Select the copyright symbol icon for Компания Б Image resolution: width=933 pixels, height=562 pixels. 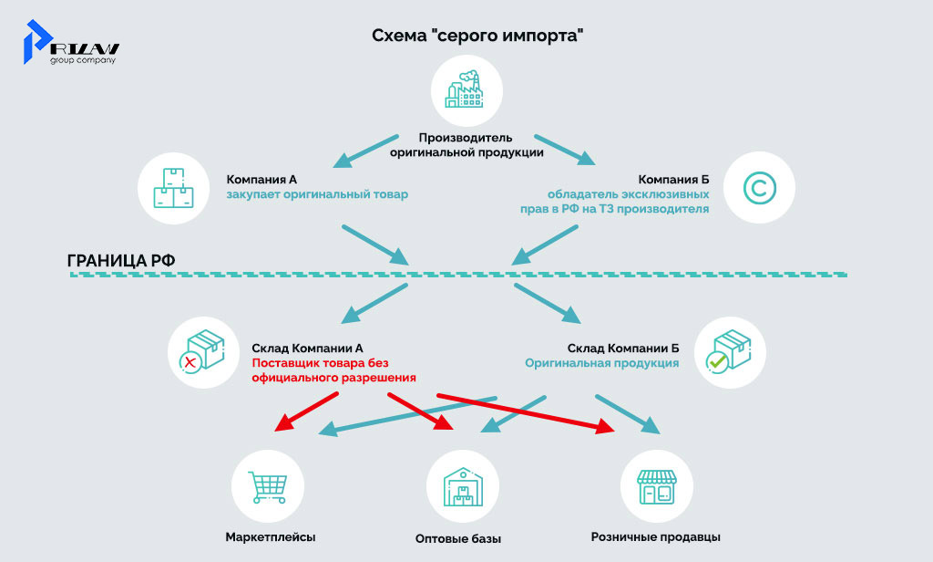click(758, 190)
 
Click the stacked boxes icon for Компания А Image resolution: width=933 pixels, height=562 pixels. click(173, 190)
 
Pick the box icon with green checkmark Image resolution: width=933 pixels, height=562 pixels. click(730, 355)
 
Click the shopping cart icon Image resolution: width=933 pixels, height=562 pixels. click(268, 484)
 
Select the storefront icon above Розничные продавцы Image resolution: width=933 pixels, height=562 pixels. click(656, 484)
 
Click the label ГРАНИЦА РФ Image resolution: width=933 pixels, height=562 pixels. click(121, 260)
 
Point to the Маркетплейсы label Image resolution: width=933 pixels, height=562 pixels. click(271, 537)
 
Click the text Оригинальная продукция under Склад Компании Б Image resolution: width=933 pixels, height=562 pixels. click(601, 363)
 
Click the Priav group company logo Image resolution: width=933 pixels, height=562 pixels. click(73, 44)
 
